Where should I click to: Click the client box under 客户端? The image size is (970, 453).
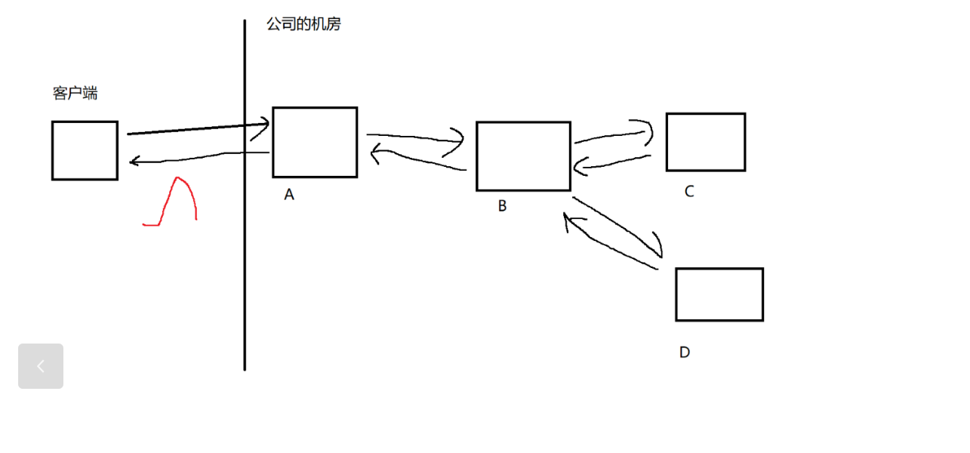pos(85,150)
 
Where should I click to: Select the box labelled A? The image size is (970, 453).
pos(315,142)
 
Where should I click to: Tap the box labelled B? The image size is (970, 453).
pos(523,156)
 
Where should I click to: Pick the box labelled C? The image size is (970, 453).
pos(706,142)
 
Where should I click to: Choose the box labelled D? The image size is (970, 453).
pos(719,294)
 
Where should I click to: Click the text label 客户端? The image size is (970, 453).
pos(75,94)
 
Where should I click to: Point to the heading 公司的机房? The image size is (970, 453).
pos(303,24)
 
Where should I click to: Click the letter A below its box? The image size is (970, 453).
pos(289,195)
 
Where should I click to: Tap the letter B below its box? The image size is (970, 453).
pos(503,206)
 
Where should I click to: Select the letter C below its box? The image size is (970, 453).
pos(689,192)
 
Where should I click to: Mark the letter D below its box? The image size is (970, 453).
pos(685,353)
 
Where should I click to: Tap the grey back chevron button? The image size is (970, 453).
pos(41,366)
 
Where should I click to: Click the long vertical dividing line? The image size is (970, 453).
pos(245,264)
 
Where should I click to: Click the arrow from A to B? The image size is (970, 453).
pos(415,137)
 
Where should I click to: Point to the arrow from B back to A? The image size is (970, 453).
pos(415,161)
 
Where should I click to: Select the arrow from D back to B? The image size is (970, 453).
pos(611,245)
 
